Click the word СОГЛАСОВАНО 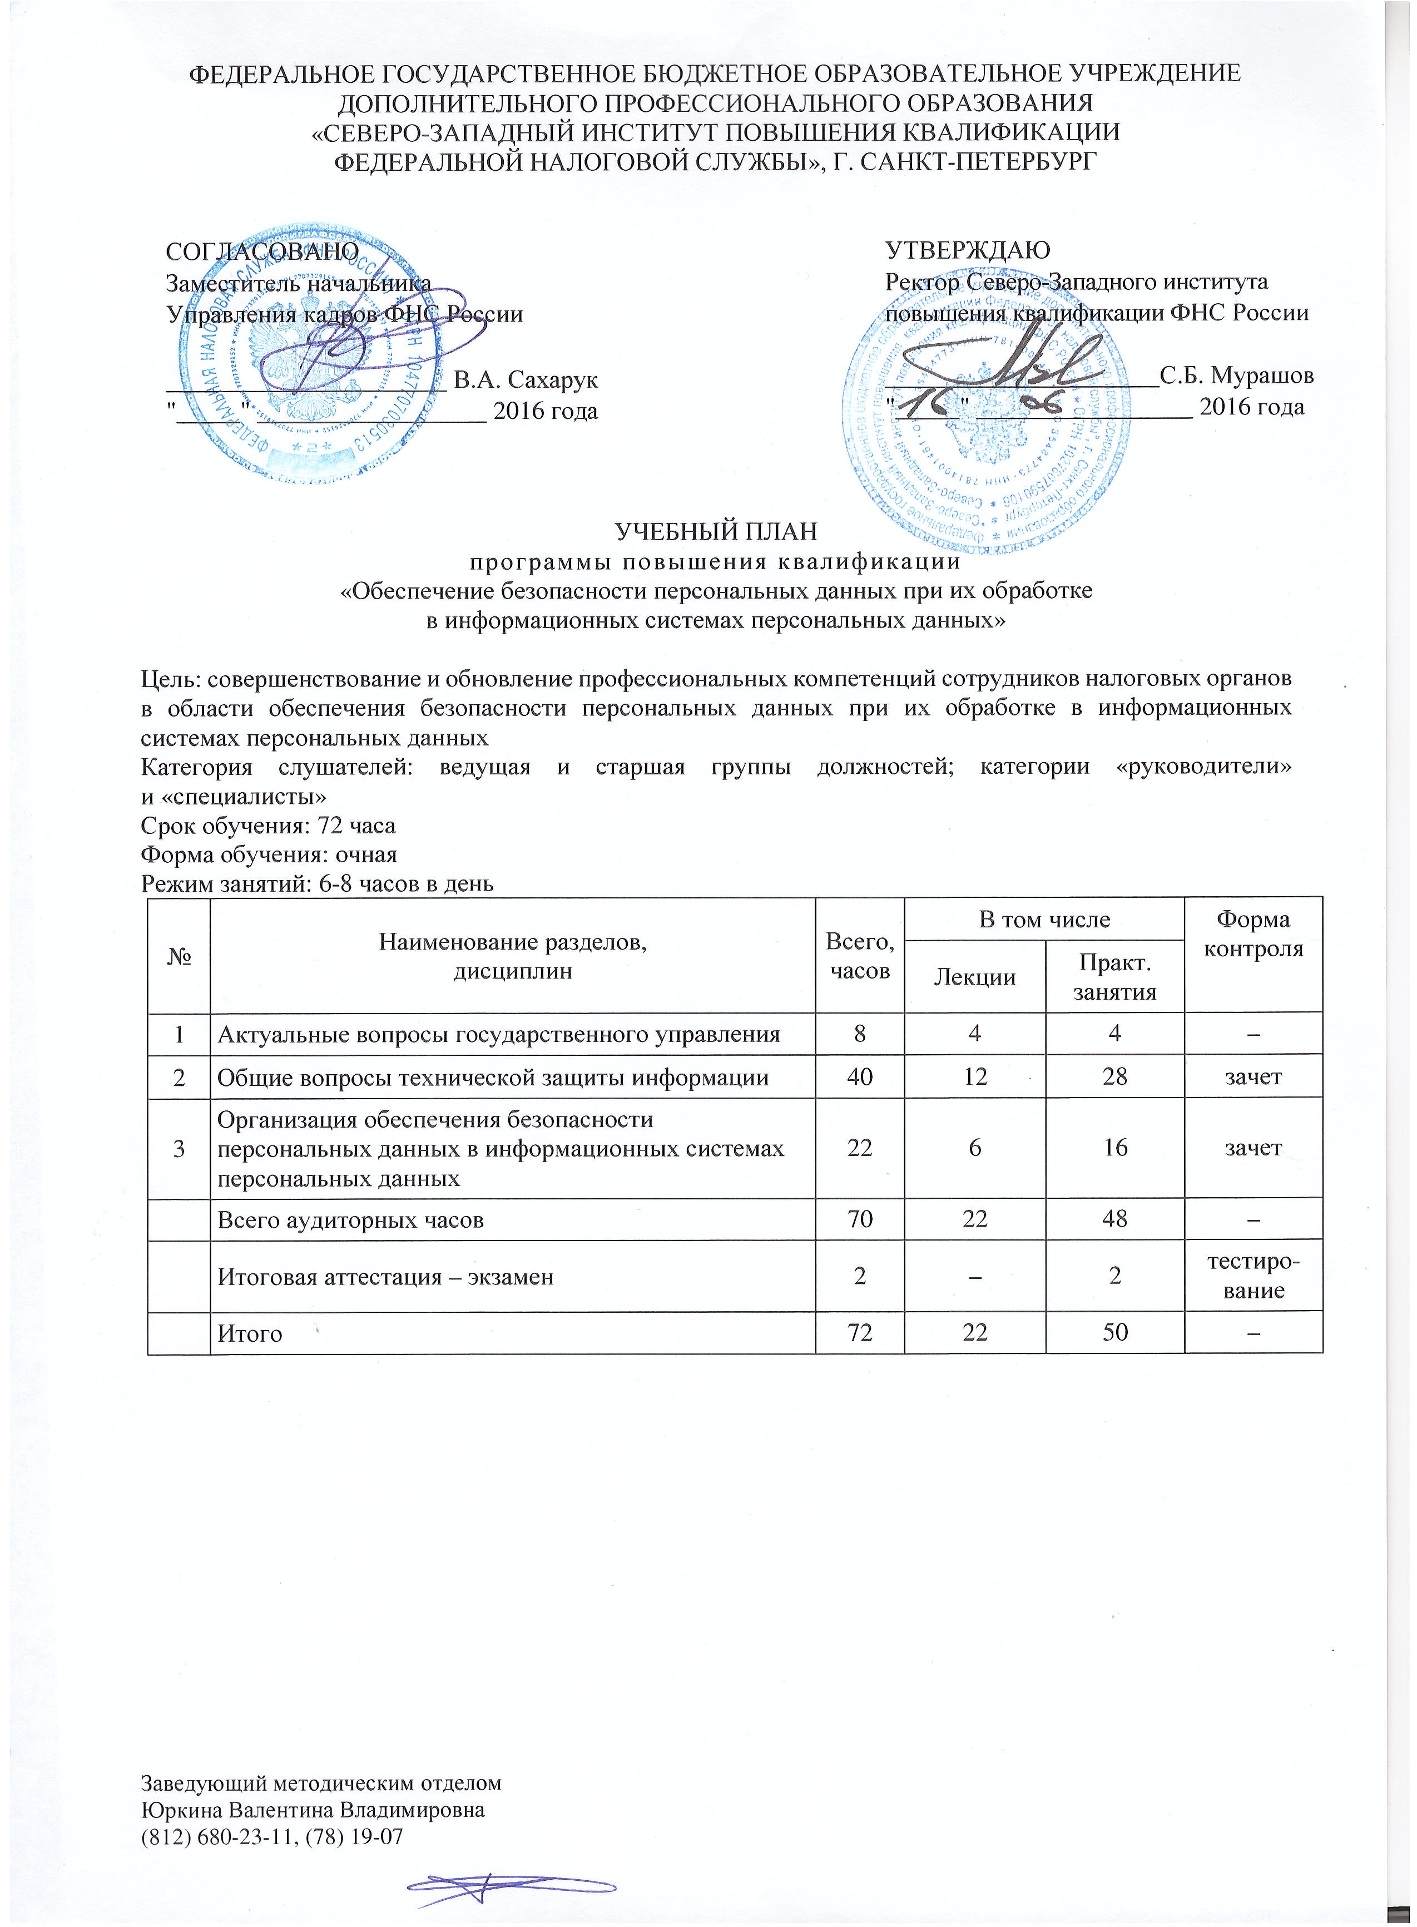coord(261,250)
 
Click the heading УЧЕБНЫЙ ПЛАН coord(716,532)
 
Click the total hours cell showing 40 coord(859,1077)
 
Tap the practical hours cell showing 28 coord(1114,1077)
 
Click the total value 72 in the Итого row coord(859,1332)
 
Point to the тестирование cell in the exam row coord(1252,1276)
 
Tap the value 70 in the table coord(859,1219)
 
